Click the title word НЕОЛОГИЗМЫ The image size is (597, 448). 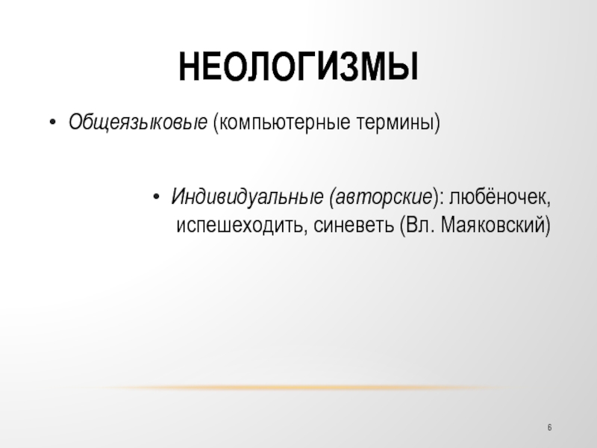point(298,66)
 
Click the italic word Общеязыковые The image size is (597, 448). point(138,122)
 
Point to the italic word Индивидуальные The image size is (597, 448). point(248,197)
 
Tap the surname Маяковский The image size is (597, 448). point(493,225)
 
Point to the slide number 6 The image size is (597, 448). point(549,427)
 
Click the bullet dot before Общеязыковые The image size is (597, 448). point(52,122)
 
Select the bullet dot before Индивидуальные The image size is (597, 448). point(155,197)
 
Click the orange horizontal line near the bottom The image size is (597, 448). point(298,388)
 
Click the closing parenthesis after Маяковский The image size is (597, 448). point(548,225)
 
